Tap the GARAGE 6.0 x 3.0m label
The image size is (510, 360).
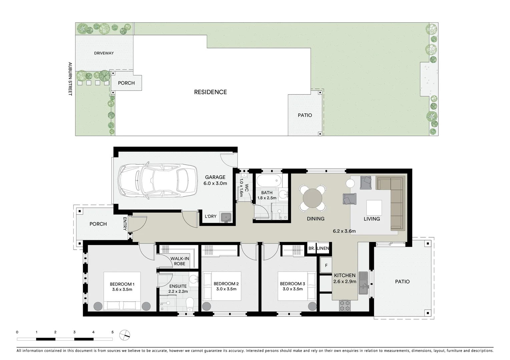pyautogui.click(x=215, y=180)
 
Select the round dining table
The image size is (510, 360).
pyautogui.click(x=313, y=198)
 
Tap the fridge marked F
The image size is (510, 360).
pyautogui.click(x=326, y=266)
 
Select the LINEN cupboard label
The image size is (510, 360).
pyautogui.click(x=323, y=248)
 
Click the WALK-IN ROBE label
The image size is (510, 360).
pyautogui.click(x=179, y=261)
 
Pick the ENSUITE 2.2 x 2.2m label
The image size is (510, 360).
pyautogui.click(x=178, y=289)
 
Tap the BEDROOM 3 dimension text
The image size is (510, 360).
pyautogui.click(x=293, y=289)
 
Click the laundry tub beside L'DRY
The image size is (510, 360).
pyautogui.click(x=227, y=217)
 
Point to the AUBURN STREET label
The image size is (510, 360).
pyautogui.click(x=70, y=79)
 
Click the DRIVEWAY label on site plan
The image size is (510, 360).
pyautogui.click(x=104, y=53)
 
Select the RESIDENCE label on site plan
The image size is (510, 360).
pyautogui.click(x=210, y=92)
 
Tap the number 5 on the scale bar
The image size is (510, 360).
pyautogui.click(x=112, y=332)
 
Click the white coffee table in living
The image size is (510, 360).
pyautogui.click(x=374, y=207)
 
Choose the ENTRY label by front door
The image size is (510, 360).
pyautogui.click(x=125, y=224)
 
